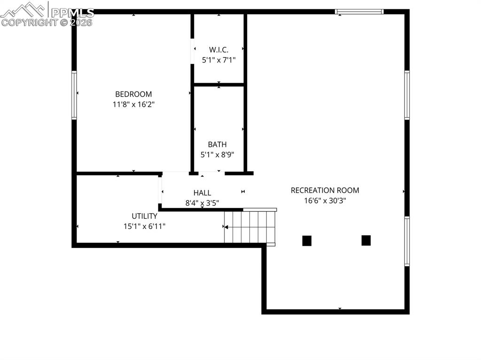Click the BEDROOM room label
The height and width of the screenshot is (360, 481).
pos(133,94)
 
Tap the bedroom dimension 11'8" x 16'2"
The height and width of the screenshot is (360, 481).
pos(133,105)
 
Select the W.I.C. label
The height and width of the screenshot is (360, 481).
pos(218,50)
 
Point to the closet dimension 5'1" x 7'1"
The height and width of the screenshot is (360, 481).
pos(218,60)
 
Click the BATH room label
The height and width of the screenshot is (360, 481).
pos(217,145)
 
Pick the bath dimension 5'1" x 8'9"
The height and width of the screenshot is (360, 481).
pos(217,154)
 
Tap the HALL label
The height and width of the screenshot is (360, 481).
pos(202,193)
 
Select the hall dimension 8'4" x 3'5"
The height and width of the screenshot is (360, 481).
pos(202,203)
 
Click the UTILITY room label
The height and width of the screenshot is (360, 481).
pos(144,216)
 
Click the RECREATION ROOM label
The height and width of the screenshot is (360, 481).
pos(325,191)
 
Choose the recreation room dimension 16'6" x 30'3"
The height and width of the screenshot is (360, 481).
pos(325,200)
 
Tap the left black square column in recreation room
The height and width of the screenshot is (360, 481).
pos(307,241)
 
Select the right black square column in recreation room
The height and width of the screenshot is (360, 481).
pos(366,240)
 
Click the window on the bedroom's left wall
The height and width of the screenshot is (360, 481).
pos(74,95)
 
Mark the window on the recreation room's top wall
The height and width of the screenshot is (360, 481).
pos(359,12)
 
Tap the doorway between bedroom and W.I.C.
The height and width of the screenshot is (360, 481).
pos(192,51)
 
